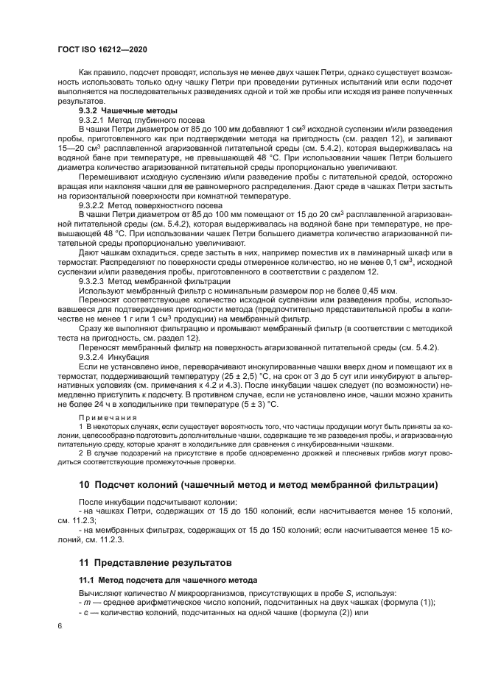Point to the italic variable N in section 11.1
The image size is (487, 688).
click(x=172, y=593)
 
